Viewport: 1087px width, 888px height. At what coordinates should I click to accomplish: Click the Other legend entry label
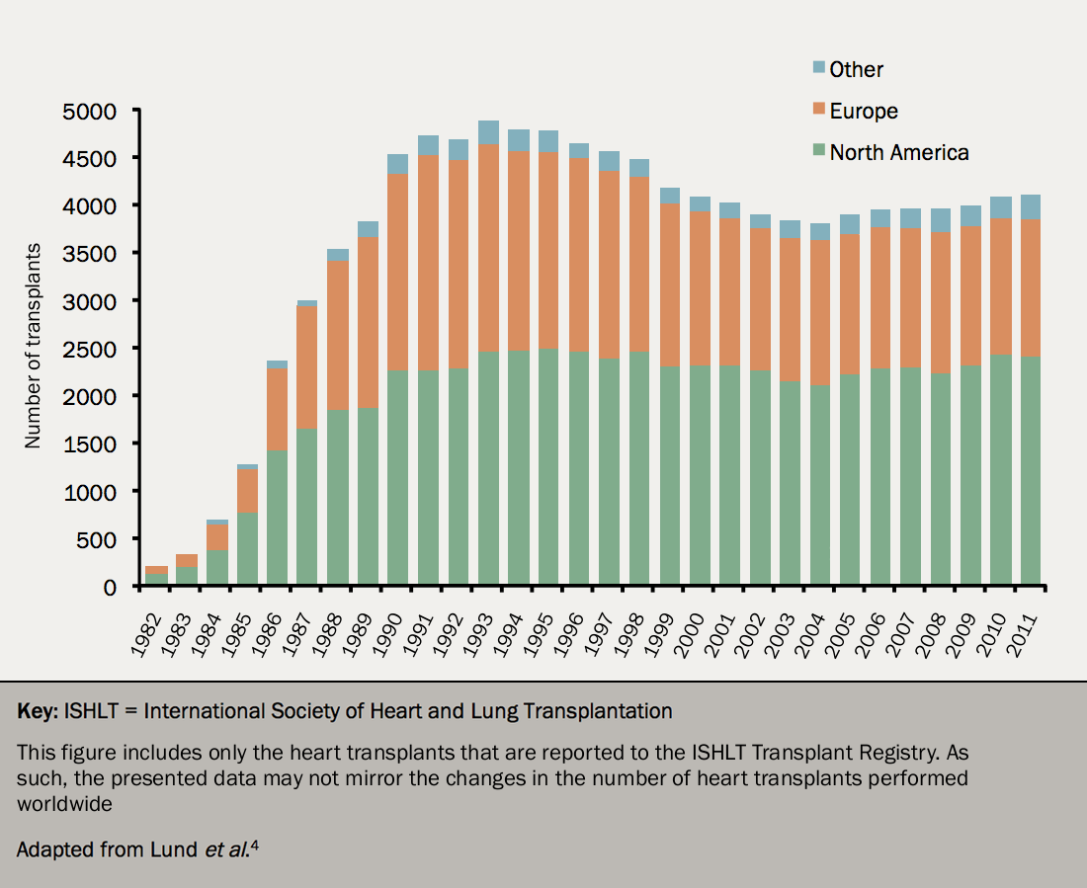point(856,69)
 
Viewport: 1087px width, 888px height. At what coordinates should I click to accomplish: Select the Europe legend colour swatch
point(818,110)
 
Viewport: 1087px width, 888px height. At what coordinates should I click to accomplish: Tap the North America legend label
point(899,152)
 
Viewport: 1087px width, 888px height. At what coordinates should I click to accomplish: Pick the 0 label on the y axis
point(110,587)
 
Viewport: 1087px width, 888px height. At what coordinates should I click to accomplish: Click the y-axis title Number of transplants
point(34,346)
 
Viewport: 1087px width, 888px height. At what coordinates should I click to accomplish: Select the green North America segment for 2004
point(820,484)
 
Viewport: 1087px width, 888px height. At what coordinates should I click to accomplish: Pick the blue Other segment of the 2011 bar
point(1031,206)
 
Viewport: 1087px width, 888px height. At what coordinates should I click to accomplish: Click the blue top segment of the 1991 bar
point(428,145)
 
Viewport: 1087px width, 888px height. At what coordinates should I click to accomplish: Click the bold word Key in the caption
point(36,711)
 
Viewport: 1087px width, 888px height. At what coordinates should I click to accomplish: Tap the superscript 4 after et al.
point(253,843)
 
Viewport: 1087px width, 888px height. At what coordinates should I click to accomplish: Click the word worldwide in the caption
point(64,803)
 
